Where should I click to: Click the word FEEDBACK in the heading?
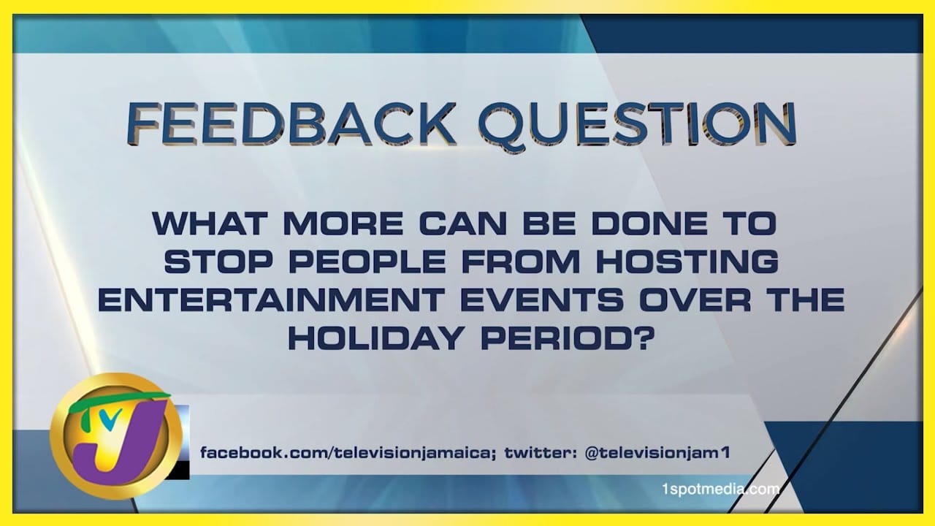pos(291,123)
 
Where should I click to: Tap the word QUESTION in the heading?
pos(638,124)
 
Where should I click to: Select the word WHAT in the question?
pos(210,224)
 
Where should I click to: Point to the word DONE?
pos(649,224)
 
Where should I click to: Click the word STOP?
pos(218,262)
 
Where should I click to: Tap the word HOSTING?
pos(688,262)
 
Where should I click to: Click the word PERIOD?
pos(566,338)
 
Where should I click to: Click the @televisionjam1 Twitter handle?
pos(657,452)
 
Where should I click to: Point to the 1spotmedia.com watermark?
pos(721,489)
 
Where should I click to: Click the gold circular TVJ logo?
pos(115,435)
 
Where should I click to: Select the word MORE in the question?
pos(343,224)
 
